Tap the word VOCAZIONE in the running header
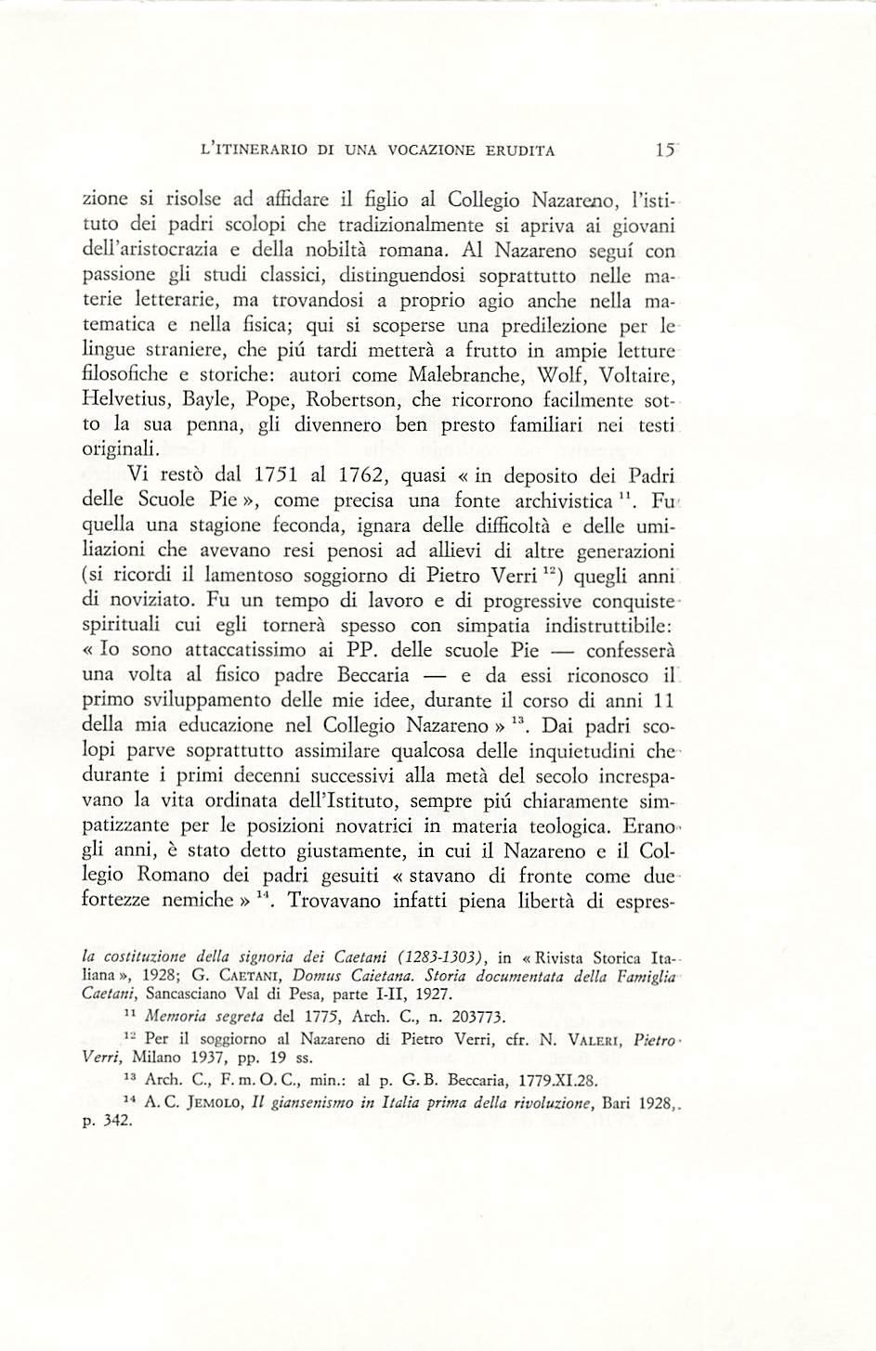(427, 149)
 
